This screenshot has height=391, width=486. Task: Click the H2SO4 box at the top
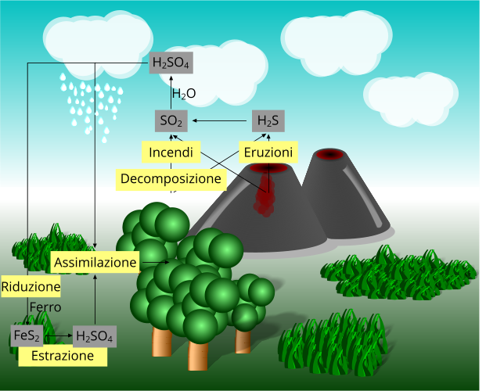pos(171,63)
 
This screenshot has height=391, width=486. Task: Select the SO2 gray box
pos(171,121)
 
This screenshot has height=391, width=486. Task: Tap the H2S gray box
pos(268,121)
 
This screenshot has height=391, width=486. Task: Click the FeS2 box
pos(27,336)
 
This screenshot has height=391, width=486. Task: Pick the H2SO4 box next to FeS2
pos(95,337)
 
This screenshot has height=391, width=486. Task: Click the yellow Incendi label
pos(171,152)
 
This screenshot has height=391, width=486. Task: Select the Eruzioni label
pos(267,152)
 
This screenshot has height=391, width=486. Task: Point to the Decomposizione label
pos(171,179)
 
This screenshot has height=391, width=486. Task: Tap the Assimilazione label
pos(95,262)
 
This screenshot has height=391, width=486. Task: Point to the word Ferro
pos(45,307)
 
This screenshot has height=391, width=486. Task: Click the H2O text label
pos(183,95)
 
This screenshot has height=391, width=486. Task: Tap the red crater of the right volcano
pos(329,154)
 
